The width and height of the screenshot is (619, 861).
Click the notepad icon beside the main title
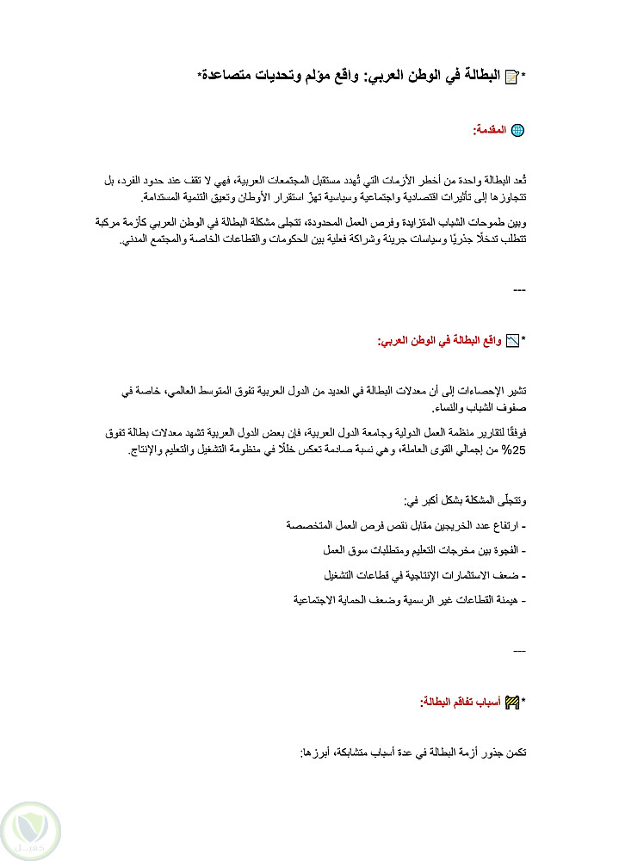point(511,77)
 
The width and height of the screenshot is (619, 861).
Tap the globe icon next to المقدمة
point(517,130)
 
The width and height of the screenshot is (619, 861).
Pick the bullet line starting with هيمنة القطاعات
point(409,598)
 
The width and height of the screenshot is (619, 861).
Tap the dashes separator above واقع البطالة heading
point(519,290)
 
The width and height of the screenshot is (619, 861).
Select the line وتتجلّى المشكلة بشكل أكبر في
point(465,500)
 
